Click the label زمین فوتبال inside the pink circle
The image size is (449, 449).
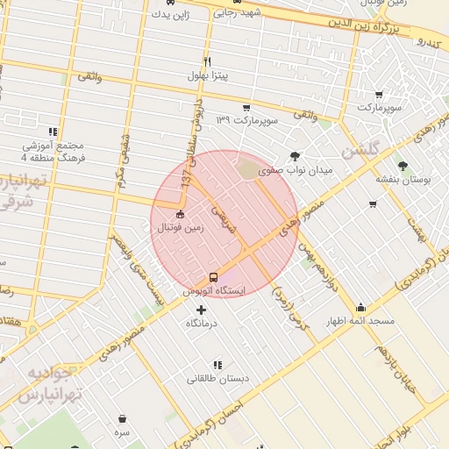tap(180, 228)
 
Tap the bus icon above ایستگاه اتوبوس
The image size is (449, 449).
tap(213, 277)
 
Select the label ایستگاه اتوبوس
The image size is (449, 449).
tap(214, 289)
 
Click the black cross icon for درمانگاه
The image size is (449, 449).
tap(202, 310)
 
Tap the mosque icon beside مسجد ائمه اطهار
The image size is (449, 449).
tap(360, 308)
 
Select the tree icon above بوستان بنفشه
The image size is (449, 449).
tap(403, 165)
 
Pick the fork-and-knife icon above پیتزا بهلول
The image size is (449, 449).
tap(208, 61)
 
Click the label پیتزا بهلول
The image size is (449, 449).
tap(208, 75)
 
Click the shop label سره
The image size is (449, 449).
tap(121, 432)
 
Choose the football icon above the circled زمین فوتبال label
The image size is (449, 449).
tap(181, 214)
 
